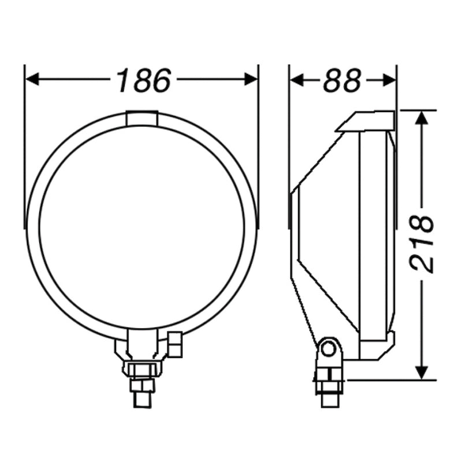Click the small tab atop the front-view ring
click(x=141, y=118)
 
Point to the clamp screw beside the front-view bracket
click(x=175, y=344)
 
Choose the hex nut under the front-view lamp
click(x=141, y=368)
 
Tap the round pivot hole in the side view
click(x=329, y=348)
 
